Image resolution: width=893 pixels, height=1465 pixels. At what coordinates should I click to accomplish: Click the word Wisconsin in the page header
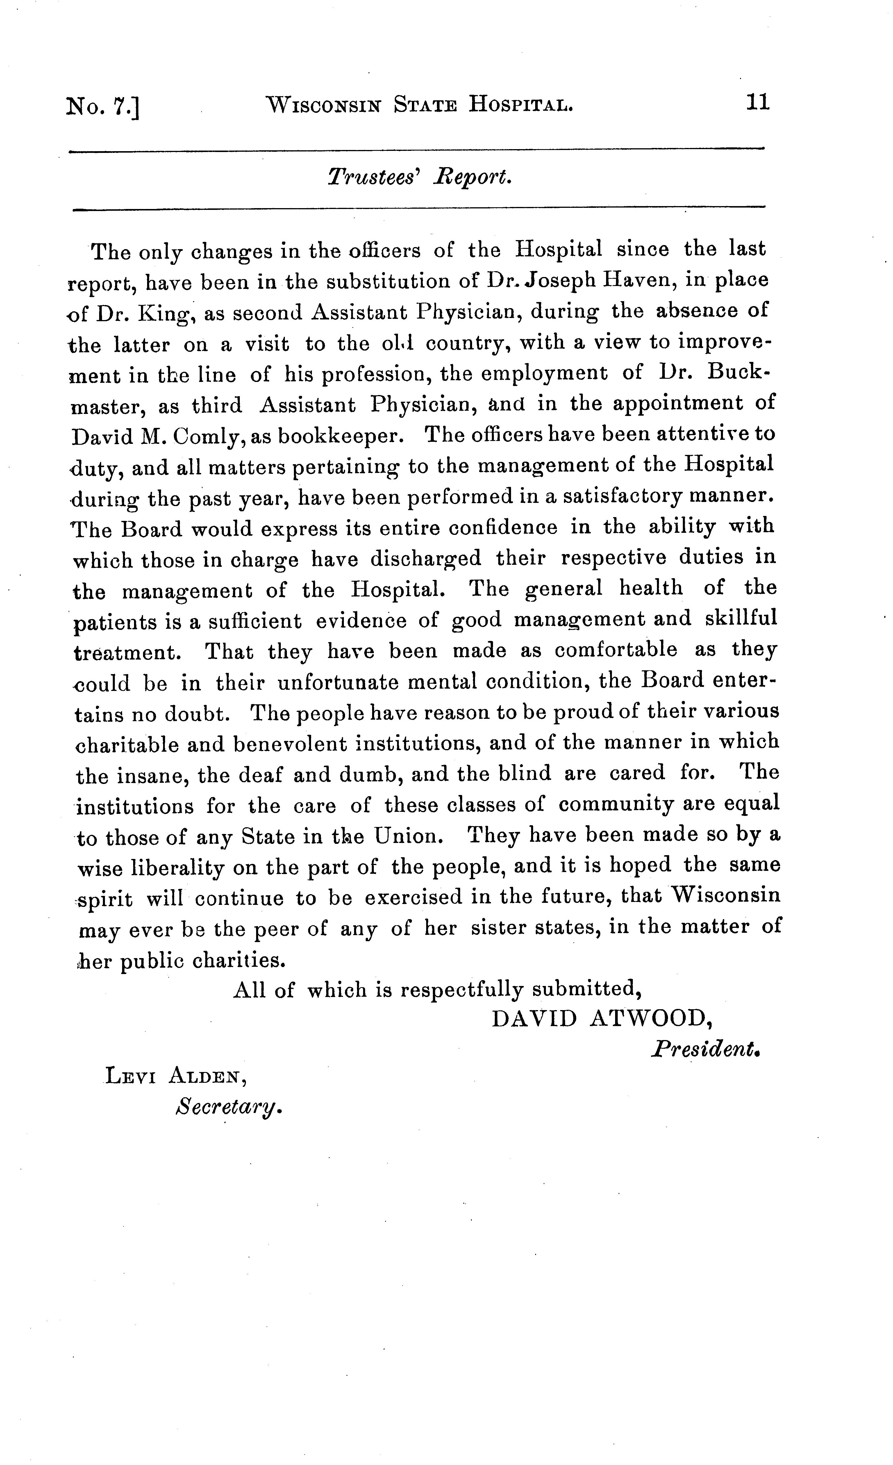[324, 106]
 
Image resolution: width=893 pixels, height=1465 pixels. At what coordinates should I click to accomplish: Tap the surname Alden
[205, 1075]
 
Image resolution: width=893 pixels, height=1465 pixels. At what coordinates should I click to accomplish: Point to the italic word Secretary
[227, 1107]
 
